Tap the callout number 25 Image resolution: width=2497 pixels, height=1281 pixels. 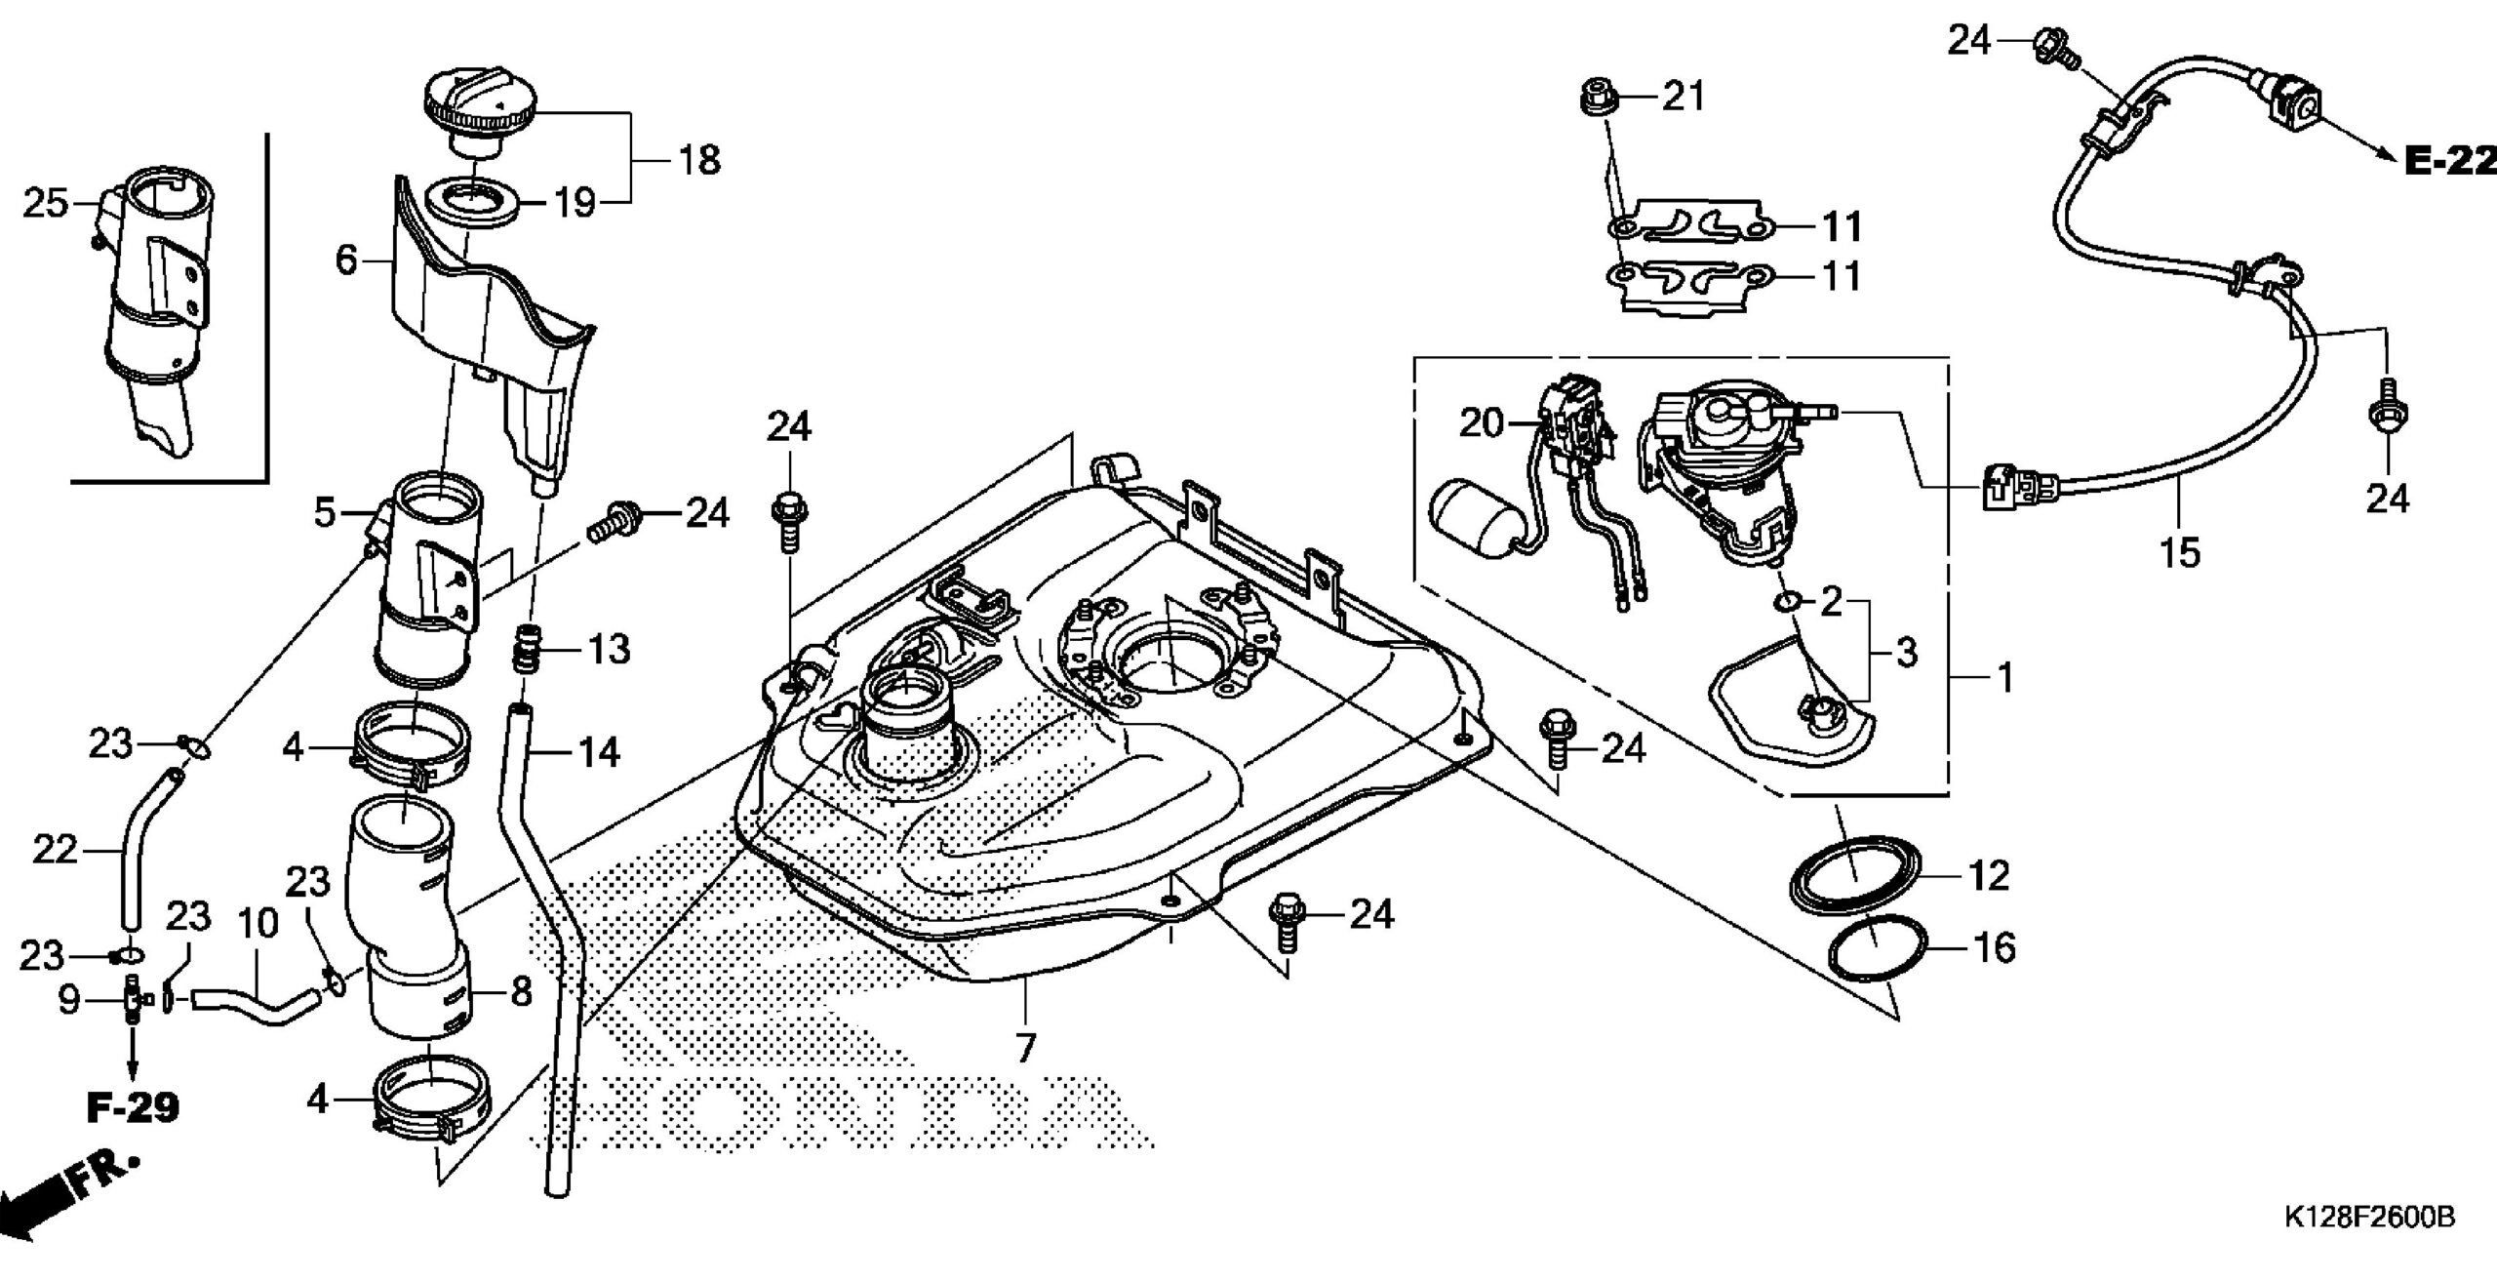coord(46,204)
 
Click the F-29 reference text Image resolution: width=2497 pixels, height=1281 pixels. coord(133,1107)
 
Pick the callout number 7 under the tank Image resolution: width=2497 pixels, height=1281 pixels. coord(1024,1048)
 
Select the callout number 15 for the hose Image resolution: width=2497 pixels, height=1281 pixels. coord(2180,553)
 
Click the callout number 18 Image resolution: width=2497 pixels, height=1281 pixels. coord(698,159)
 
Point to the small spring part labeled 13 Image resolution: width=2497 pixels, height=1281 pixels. coord(527,649)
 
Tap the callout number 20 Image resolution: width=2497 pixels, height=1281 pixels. coord(1482,424)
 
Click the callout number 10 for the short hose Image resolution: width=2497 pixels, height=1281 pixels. coord(258,922)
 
